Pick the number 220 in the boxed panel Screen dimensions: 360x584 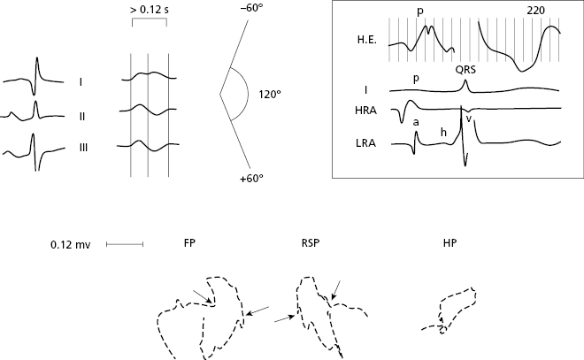pos(534,9)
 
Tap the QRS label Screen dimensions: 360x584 pos(465,70)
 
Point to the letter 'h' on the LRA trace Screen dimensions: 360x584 pos(443,131)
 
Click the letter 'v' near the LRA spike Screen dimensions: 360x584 pos(469,119)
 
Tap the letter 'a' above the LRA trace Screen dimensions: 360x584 pos(416,122)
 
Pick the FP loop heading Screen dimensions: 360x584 pos(189,242)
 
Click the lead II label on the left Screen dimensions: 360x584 pos(81,114)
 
